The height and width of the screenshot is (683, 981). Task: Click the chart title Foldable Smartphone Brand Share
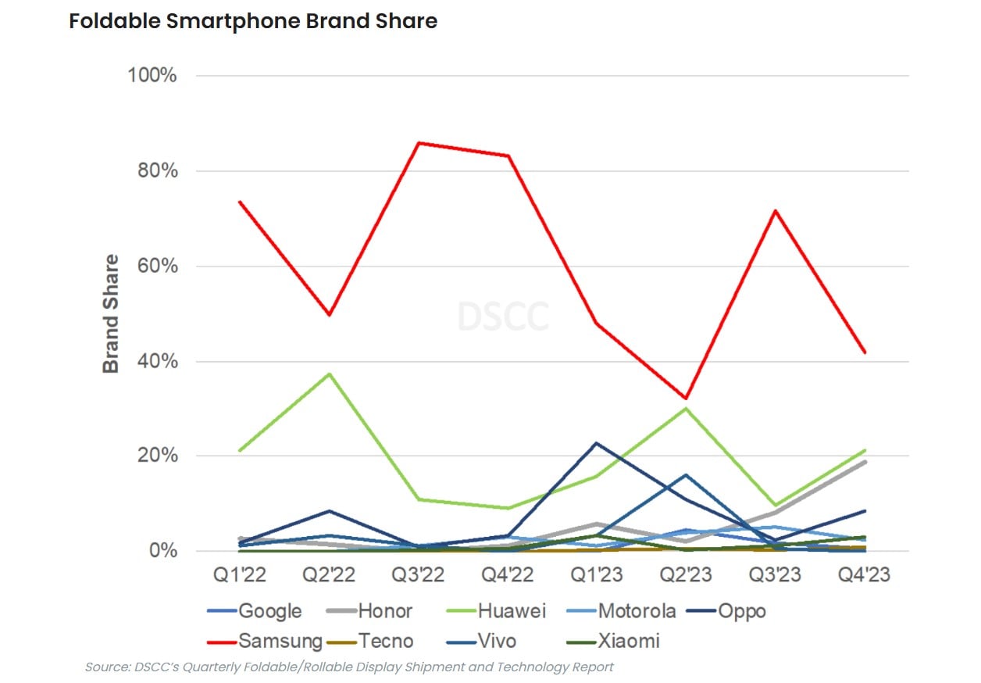(253, 21)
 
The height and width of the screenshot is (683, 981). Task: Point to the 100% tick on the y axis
(152, 76)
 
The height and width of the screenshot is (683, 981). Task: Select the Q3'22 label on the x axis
(418, 575)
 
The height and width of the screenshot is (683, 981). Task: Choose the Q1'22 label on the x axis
(240, 575)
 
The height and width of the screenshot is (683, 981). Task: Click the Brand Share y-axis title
(112, 313)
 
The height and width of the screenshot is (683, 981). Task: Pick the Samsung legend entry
(280, 642)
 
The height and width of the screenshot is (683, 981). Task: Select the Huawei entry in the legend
(511, 611)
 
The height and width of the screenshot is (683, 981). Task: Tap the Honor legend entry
(384, 611)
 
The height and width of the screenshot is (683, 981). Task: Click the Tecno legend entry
(386, 642)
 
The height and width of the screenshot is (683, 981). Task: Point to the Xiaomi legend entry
(629, 642)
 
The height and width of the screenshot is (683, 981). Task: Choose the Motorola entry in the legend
(637, 611)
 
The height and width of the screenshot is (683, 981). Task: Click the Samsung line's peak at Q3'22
(419, 143)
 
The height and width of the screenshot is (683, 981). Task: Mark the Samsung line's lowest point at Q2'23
(686, 399)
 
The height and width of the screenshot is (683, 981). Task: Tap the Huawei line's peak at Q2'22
(330, 374)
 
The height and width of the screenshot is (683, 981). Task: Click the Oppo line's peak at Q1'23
(598, 443)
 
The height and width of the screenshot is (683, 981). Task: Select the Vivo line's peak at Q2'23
(686, 474)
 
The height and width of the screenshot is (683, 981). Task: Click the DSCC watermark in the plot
(502, 316)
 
